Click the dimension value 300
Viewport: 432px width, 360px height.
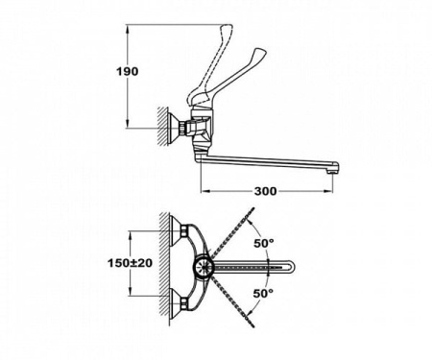[267, 190]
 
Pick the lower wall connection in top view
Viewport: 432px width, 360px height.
[177, 305]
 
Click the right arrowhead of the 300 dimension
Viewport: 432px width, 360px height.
[337, 190]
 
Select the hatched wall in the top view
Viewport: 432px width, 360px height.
[164, 268]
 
